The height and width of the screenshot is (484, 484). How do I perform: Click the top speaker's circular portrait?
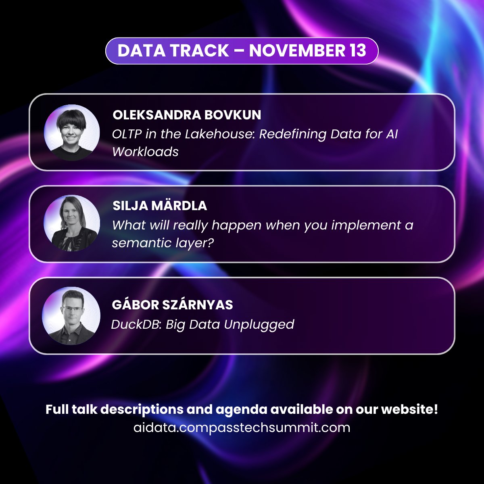coord(72,133)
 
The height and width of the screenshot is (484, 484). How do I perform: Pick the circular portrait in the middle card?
coord(72,223)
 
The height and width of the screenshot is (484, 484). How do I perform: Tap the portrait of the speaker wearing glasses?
coord(72,316)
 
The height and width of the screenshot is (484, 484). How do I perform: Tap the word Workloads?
coord(145,152)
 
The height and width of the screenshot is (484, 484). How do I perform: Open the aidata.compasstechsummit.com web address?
coord(242,428)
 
